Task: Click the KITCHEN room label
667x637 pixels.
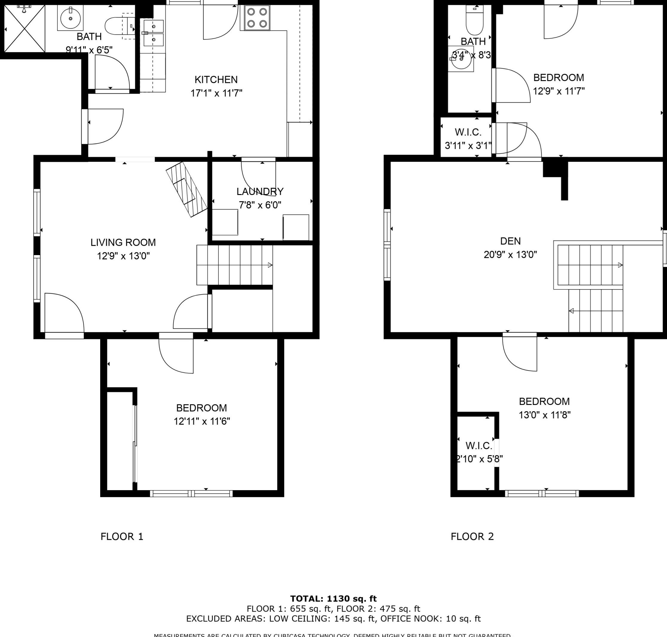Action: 216,80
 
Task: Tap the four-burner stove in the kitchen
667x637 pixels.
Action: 257,18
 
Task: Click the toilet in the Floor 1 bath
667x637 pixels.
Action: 120,26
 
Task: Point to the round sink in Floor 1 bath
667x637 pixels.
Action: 70,18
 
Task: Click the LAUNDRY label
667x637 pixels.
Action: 260,191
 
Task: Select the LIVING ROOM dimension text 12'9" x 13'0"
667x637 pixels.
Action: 123,256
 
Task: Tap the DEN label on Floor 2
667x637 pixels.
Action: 510,241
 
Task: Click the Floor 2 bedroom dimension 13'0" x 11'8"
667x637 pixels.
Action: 544,415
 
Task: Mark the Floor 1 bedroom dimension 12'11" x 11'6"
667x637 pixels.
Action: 202,421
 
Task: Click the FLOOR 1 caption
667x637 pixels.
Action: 122,537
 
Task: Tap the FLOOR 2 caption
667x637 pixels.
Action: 472,537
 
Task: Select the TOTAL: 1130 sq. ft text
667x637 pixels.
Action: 333,599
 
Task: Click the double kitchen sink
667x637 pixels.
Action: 153,33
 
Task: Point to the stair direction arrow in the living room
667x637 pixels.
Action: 270,265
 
